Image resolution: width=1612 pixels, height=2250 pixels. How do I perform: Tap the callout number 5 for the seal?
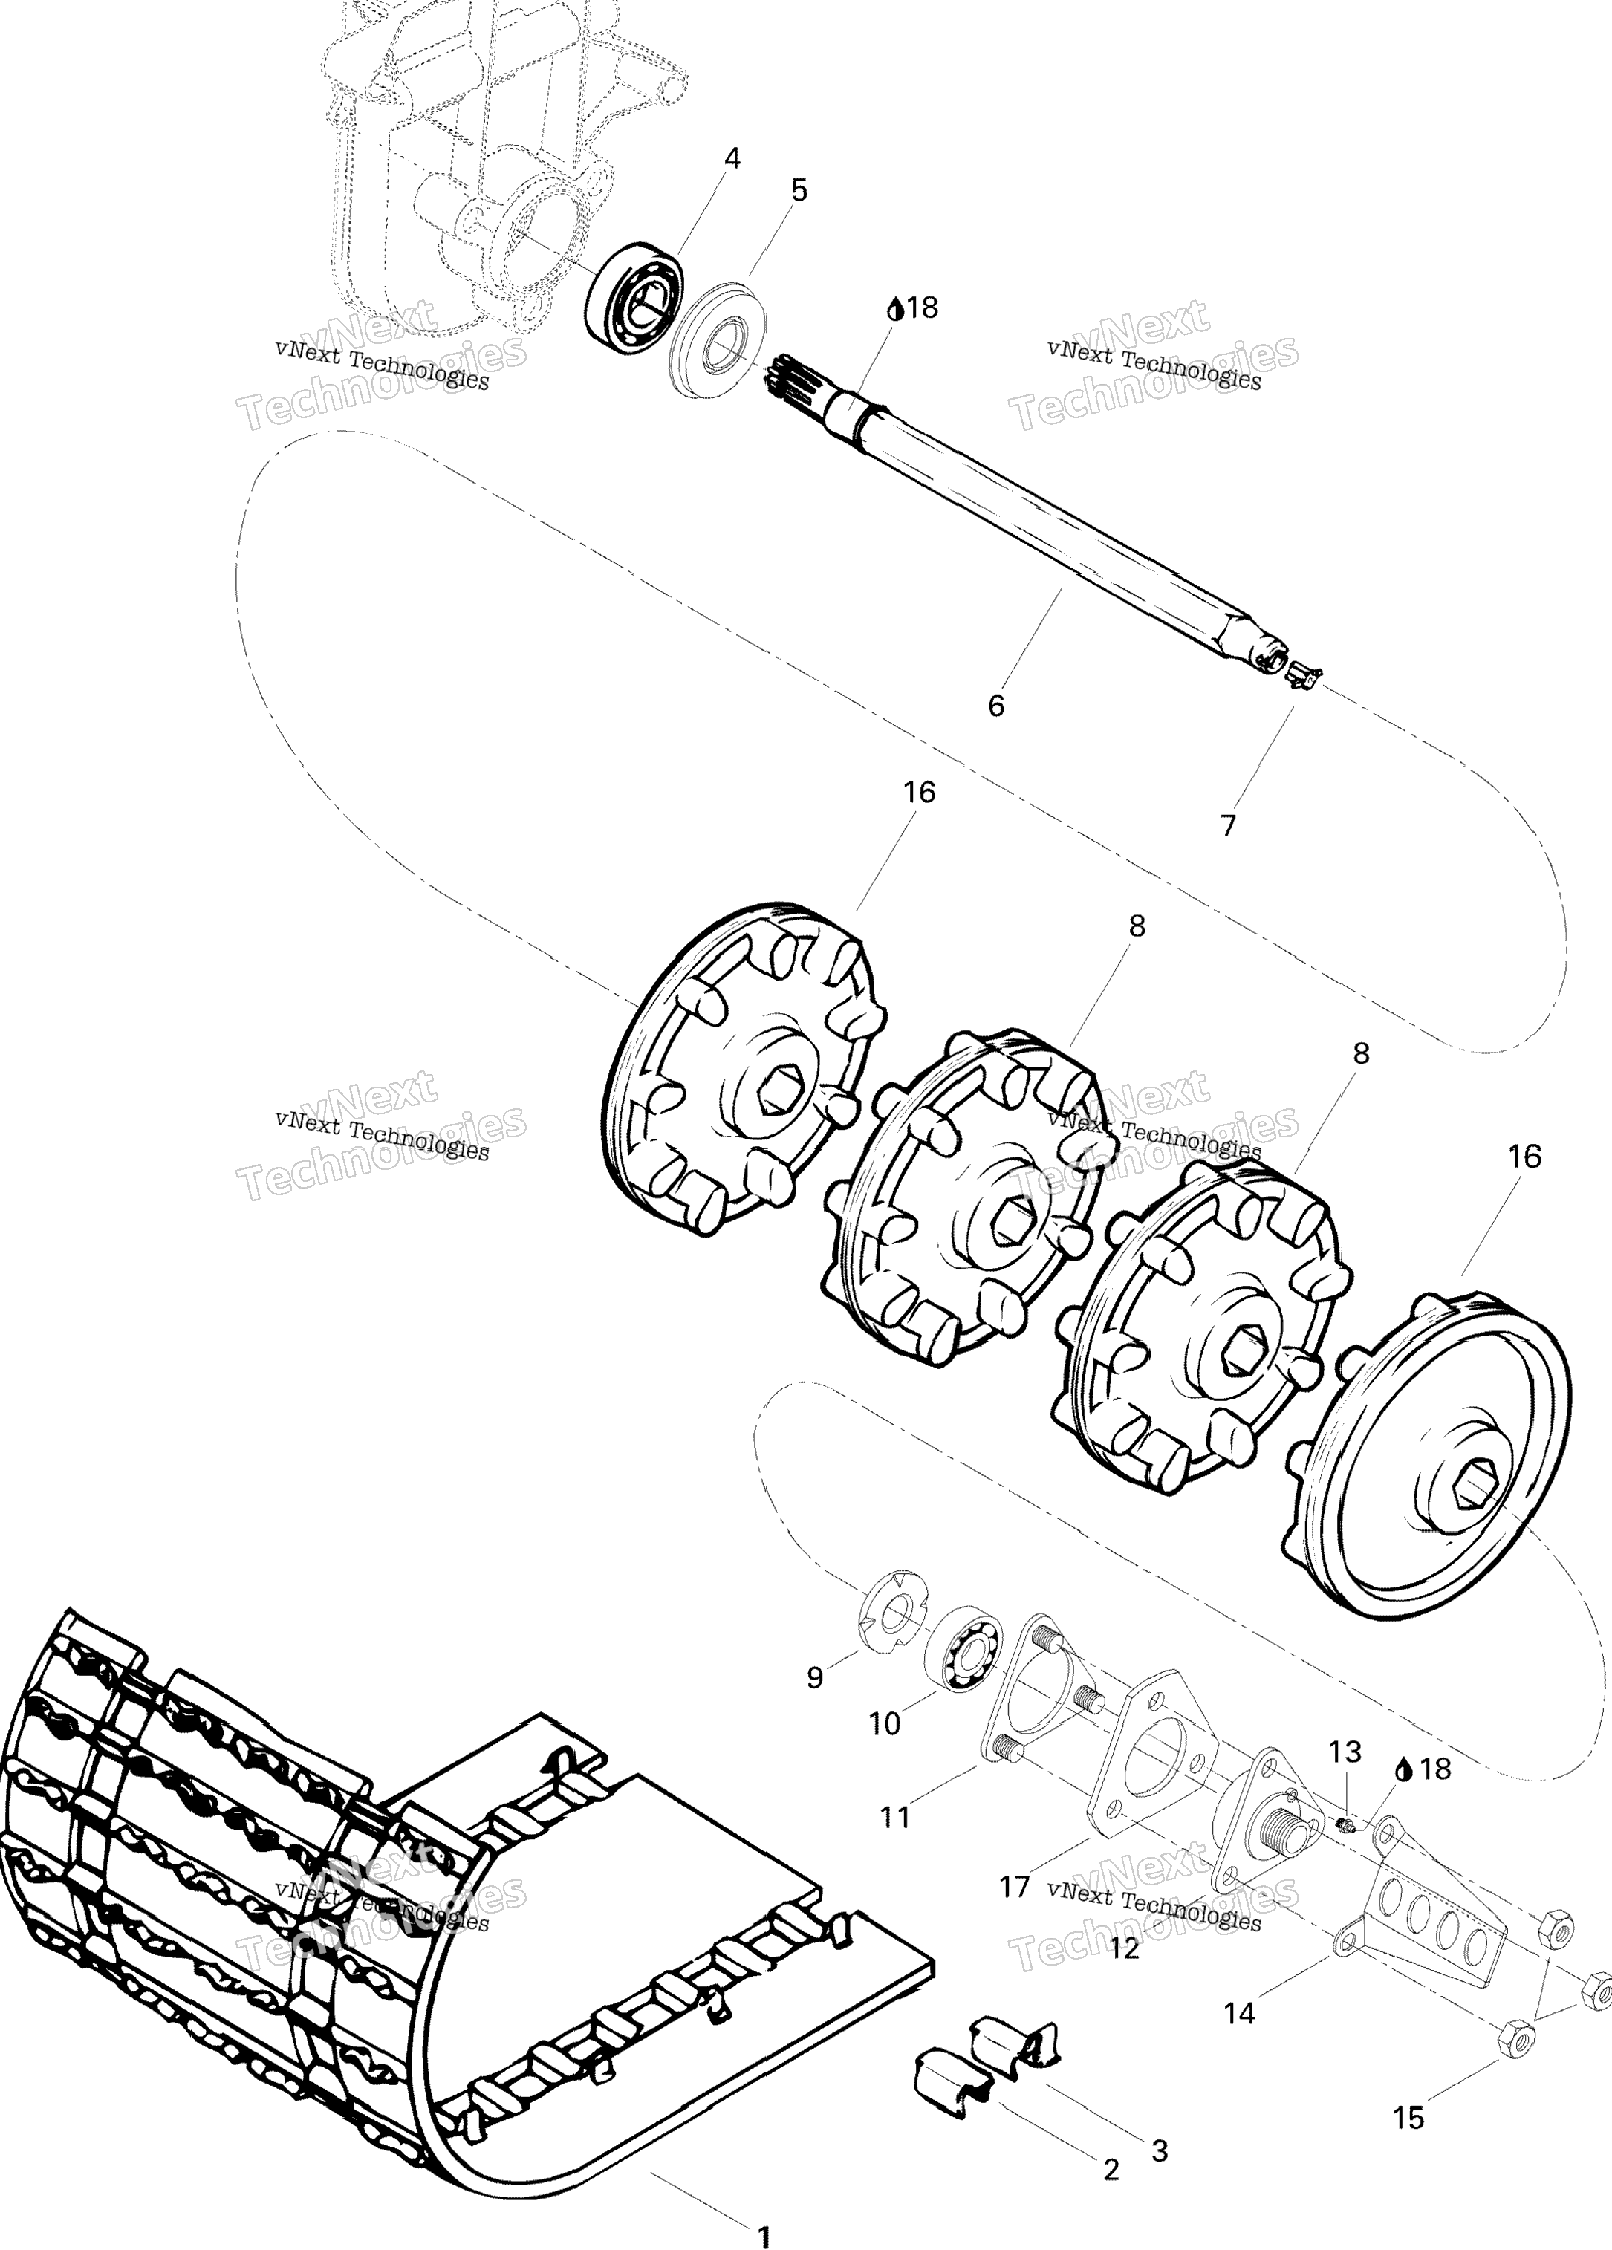pos(799,190)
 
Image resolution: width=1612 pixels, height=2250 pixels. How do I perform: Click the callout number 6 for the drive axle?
pos(996,706)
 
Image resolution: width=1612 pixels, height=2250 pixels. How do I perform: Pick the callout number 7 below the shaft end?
pos(1228,825)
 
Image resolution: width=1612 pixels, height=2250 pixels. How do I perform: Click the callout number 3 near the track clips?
pos(1160,2150)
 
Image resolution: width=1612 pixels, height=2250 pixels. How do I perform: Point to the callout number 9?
pos(814,1677)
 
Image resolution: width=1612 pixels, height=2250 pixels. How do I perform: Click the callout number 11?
pos(895,1818)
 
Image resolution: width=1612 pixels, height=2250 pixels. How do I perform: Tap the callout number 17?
pos(1014,1886)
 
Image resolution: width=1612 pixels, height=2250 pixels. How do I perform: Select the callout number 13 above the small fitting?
pos(1345,1752)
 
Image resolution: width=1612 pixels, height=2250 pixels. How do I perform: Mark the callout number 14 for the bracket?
pos(1239,2013)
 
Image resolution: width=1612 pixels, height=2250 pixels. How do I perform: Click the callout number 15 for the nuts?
pos(1408,2118)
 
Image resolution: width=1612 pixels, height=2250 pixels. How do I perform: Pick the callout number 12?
pos(1124,1948)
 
